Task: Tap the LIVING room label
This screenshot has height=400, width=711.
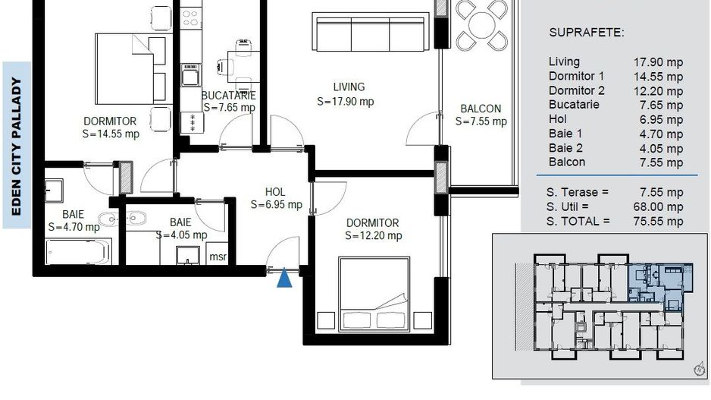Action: pyautogui.click(x=349, y=87)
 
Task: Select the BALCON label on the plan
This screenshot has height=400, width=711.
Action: pyautogui.click(x=481, y=109)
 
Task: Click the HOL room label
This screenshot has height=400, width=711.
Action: pyautogui.click(x=275, y=191)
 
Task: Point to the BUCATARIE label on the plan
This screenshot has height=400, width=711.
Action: pyautogui.click(x=228, y=96)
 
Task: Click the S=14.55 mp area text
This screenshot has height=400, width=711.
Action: pyautogui.click(x=111, y=134)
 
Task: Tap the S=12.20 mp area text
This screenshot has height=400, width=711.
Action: pyautogui.click(x=373, y=236)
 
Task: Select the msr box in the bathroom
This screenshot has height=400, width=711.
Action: pyautogui.click(x=217, y=256)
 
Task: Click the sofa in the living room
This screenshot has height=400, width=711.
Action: pyautogui.click(x=371, y=32)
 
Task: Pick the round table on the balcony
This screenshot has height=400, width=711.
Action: pyautogui.click(x=481, y=25)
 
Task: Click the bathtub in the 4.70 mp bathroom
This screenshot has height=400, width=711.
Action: pyautogui.click(x=78, y=251)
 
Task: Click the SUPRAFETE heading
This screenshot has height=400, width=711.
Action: pyautogui.click(x=586, y=33)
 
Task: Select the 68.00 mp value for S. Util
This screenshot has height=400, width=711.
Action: pyautogui.click(x=657, y=206)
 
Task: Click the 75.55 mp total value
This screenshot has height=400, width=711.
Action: pyautogui.click(x=657, y=221)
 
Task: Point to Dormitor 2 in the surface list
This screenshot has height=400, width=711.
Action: pyautogui.click(x=577, y=90)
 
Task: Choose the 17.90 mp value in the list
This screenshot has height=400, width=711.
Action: pyautogui.click(x=657, y=62)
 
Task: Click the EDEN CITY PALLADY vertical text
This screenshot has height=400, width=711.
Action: pyautogui.click(x=17, y=146)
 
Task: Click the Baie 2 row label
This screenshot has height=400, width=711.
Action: pyautogui.click(x=565, y=148)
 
